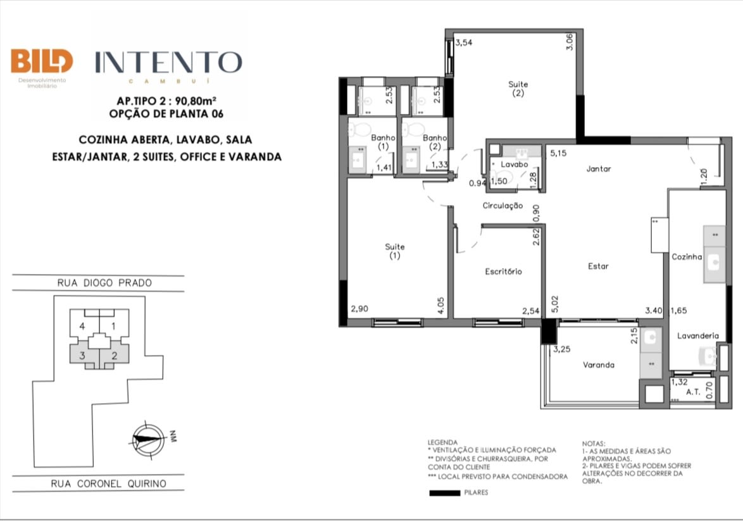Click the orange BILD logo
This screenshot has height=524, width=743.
point(42,61)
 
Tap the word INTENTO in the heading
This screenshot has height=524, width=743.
point(169,63)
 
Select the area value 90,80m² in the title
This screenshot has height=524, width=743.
point(196,101)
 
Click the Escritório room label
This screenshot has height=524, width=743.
point(503,271)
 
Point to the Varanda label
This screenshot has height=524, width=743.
point(599,365)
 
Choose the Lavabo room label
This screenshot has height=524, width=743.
point(515,165)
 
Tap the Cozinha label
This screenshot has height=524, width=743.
point(687,257)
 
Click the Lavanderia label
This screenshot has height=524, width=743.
point(698,336)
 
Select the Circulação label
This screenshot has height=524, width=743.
point(503,206)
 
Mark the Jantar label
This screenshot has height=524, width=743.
point(599,169)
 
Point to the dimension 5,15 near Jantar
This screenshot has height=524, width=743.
point(558,154)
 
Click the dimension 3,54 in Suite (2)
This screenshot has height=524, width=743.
point(464,42)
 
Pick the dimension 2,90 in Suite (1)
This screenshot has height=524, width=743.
point(359,309)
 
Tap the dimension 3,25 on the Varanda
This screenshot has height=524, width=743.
point(562,349)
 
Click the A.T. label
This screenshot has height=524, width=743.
point(693,392)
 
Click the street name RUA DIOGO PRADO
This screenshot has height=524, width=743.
point(104,284)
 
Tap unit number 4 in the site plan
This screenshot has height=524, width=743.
point(82,327)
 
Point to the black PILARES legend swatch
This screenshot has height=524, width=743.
point(444,493)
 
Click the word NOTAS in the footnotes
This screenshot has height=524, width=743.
point(594,444)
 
